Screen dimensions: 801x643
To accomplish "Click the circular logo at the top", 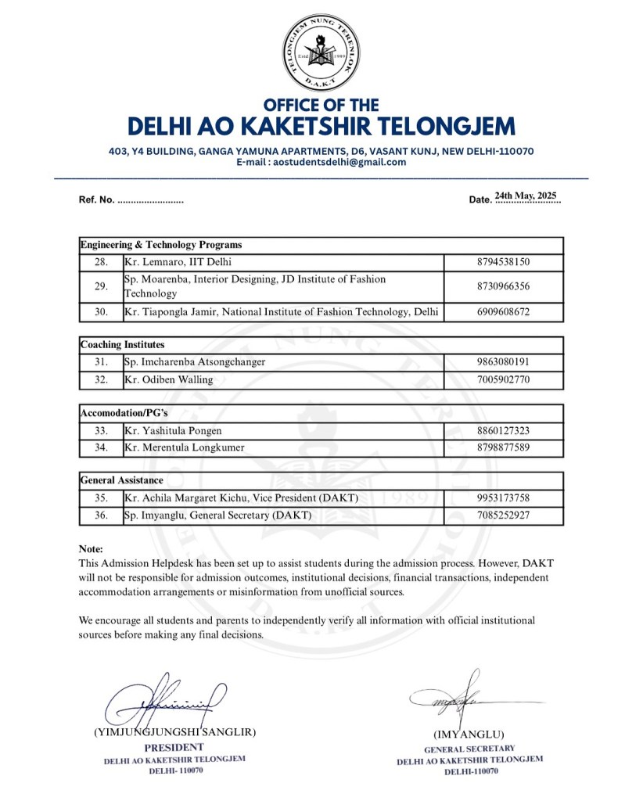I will coord(321,52).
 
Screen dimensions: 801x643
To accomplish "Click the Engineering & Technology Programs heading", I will coord(161,245).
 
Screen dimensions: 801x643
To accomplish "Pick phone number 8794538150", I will coord(503,262).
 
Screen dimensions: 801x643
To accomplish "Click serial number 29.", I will coord(101,286).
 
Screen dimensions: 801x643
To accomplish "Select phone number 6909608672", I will coord(503,312).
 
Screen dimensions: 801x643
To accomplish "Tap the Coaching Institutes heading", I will coord(123,344).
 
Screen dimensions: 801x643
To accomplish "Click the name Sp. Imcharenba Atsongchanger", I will coord(195,362).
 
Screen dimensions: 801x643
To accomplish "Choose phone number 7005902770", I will coord(503,380).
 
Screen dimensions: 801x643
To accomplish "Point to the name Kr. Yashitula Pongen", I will coord(173,430).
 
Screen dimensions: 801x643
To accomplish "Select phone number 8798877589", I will coord(503,447).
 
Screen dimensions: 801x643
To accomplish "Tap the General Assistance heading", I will coord(122,480).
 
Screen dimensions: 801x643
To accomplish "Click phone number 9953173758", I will coord(503,497).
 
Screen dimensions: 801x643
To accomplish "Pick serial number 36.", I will coord(101,515).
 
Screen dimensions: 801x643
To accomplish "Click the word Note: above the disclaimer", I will coord(91,549).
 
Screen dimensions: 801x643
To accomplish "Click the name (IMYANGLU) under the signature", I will coord(469,735).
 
